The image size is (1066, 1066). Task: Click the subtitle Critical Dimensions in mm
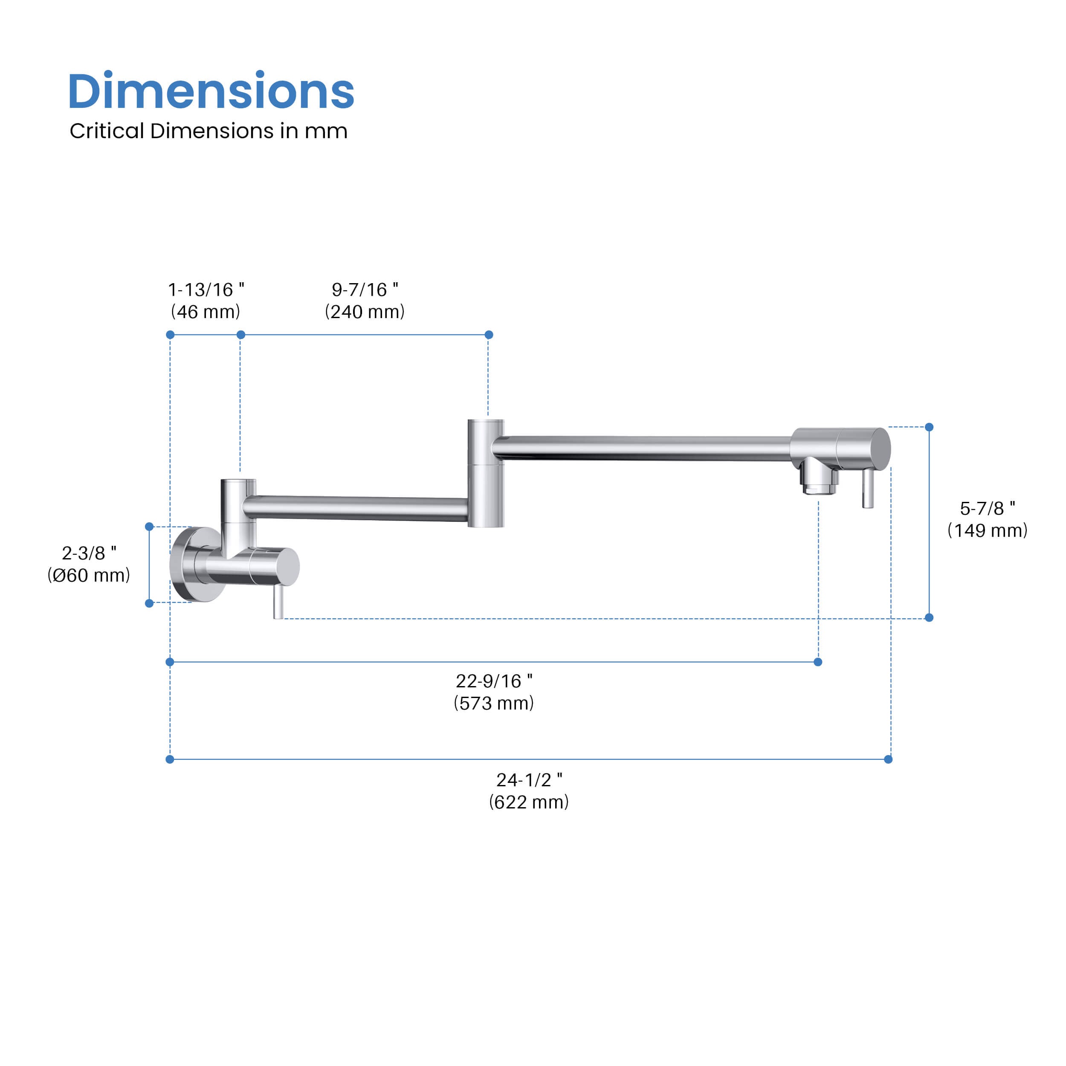point(208,131)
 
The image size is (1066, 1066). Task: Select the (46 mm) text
point(205,312)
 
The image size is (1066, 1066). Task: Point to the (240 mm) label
point(365,312)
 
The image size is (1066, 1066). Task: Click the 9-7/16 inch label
point(365,290)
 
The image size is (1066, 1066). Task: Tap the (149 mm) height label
point(987,530)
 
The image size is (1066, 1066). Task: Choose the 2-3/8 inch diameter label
point(89,553)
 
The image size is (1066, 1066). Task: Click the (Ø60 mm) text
point(89,575)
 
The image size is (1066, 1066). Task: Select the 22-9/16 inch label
point(494,681)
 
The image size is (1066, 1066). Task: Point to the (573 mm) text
point(494,703)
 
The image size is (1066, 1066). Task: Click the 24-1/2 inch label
point(529,779)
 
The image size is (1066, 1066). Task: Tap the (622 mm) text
point(529,802)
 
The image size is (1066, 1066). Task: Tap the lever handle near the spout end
point(868,489)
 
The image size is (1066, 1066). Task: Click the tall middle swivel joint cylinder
point(486,473)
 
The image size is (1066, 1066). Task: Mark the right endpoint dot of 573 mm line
point(818,662)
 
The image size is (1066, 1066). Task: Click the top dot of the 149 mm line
point(929,427)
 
